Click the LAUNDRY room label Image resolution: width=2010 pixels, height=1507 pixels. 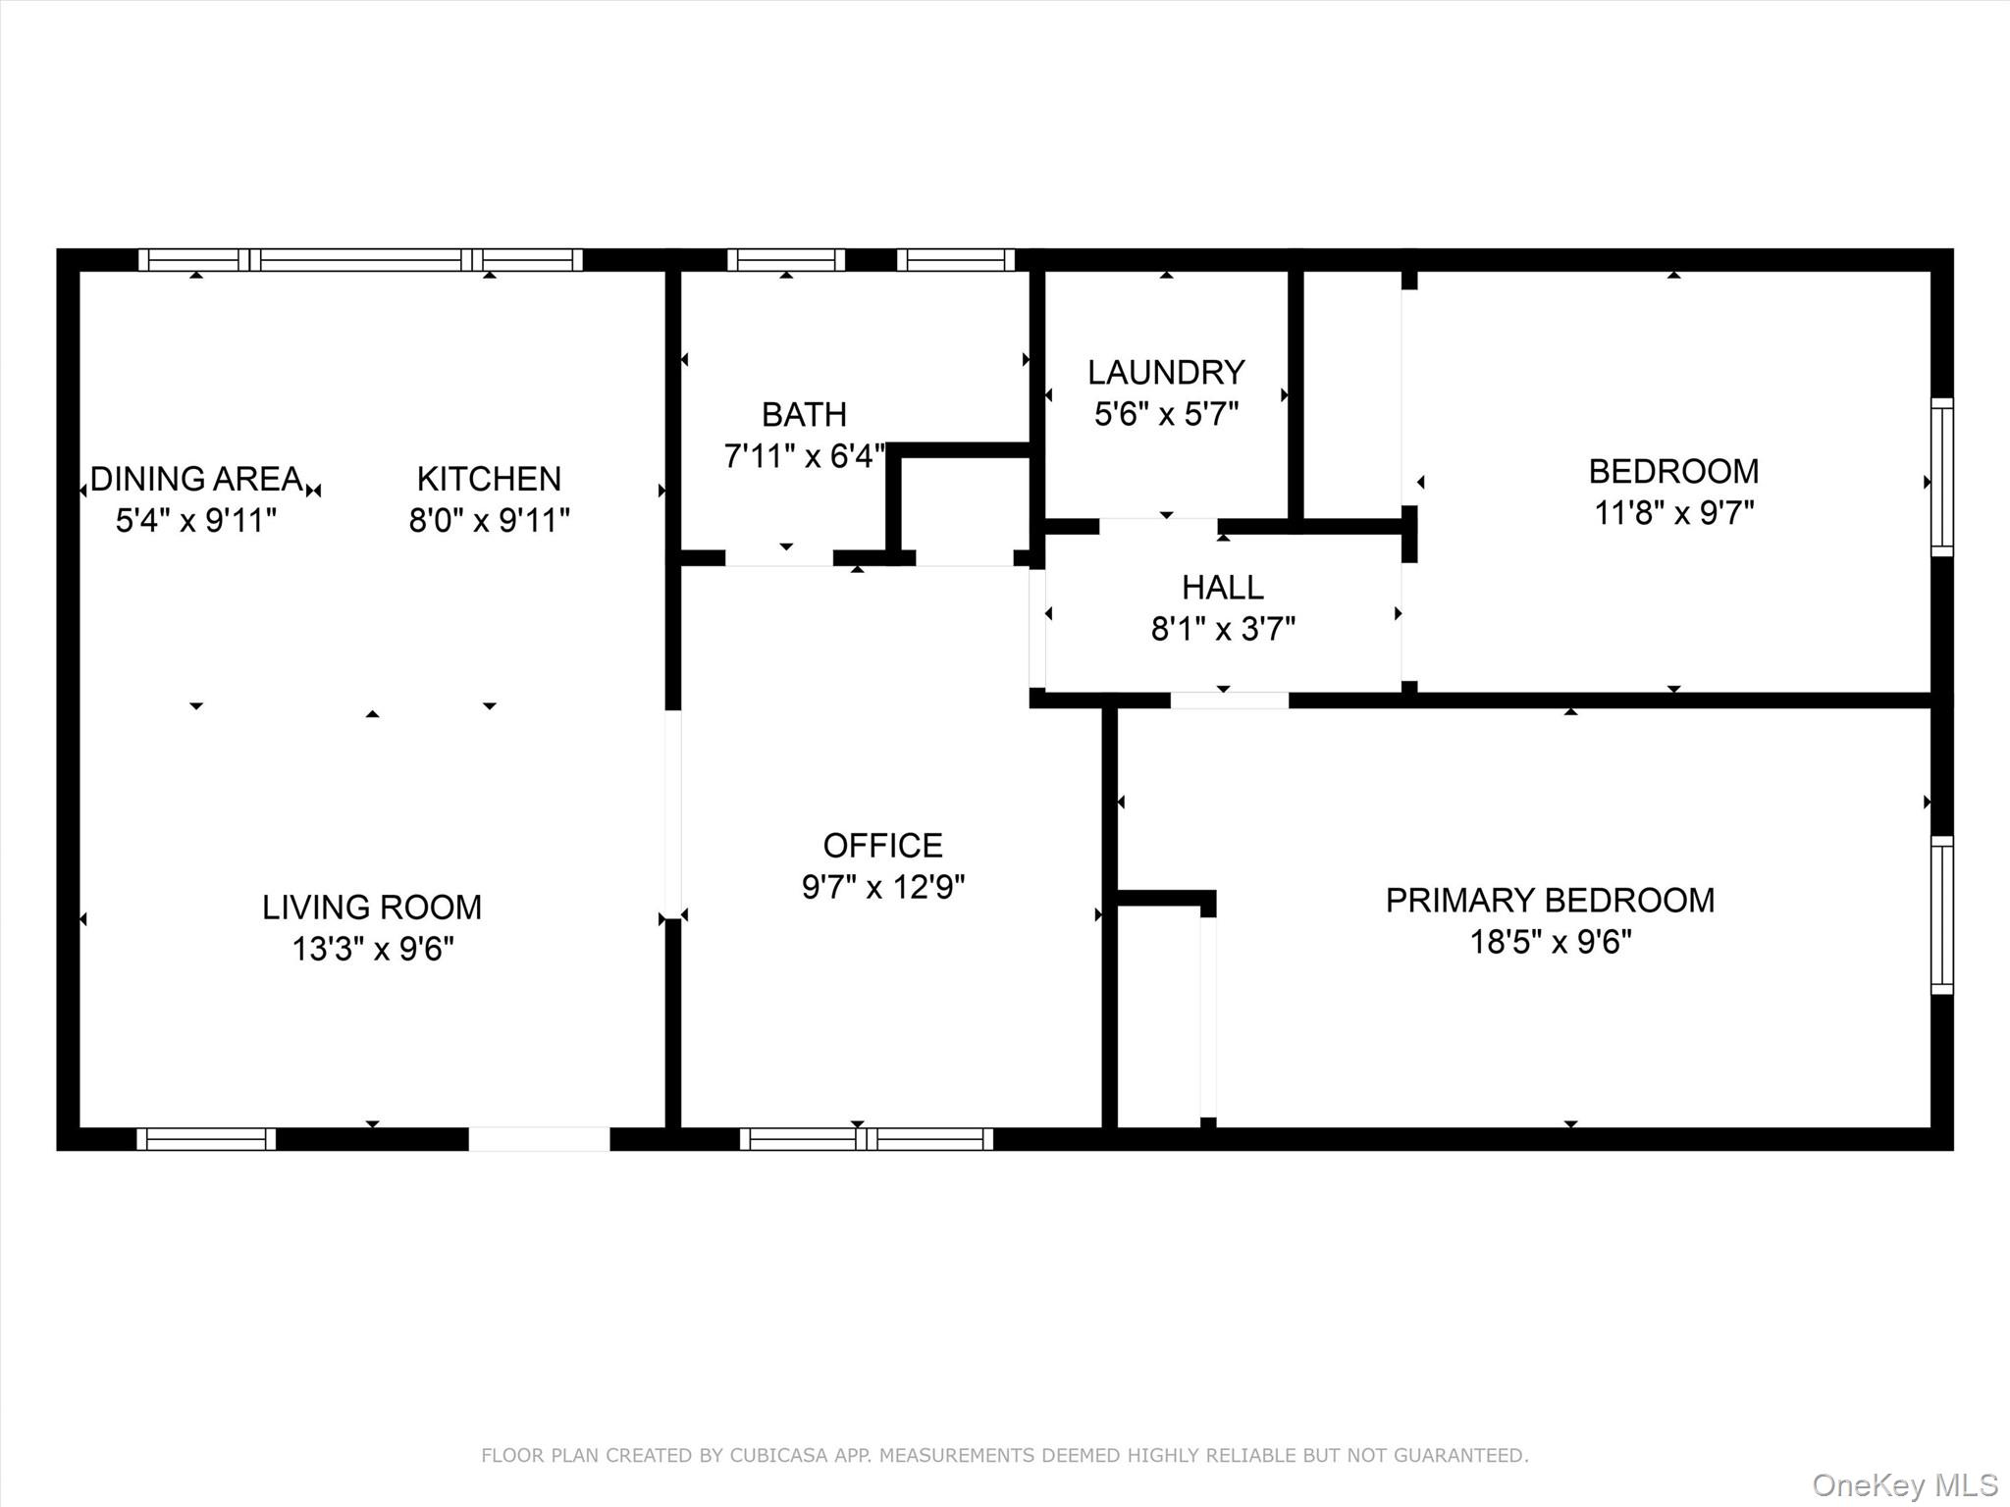tap(1166, 372)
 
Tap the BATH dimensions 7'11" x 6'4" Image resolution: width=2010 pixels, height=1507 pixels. tap(804, 456)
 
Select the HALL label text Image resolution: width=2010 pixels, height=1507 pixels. tap(1222, 587)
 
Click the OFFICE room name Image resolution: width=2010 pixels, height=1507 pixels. tap(882, 845)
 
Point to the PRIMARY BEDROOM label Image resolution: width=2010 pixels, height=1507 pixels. tap(1550, 900)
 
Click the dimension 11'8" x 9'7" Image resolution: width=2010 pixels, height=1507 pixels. tap(1673, 513)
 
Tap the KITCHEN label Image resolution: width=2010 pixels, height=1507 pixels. tap(489, 479)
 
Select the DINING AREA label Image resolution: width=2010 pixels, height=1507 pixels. tap(196, 479)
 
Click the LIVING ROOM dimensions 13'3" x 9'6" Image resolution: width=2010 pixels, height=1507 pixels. tap(372, 949)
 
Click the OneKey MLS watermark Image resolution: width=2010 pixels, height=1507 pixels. tap(1904, 1484)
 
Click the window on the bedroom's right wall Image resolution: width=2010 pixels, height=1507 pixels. tap(1941, 477)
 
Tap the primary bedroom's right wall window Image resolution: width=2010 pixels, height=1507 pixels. tap(1941, 914)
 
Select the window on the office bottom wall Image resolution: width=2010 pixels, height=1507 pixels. tap(866, 1139)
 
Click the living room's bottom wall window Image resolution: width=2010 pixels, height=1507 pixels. tap(206, 1139)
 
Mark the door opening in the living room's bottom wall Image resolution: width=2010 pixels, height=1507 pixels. tap(539, 1139)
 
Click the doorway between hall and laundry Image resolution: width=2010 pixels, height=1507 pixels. tap(1158, 527)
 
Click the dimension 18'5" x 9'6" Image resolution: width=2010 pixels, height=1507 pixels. tap(1550, 942)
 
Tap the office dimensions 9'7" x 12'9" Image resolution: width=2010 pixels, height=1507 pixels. tap(882, 887)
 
